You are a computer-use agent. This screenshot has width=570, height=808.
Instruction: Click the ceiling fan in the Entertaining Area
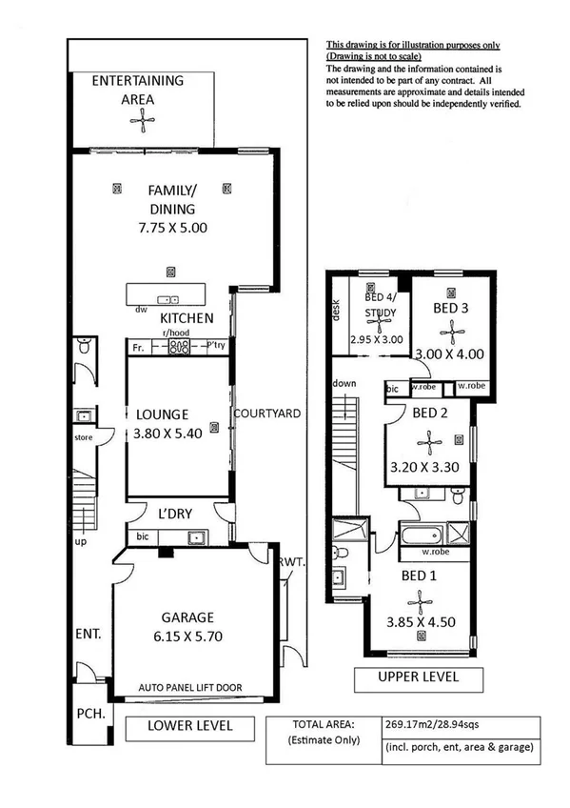tap(141, 119)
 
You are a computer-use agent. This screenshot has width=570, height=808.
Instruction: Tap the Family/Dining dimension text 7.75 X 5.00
tap(171, 228)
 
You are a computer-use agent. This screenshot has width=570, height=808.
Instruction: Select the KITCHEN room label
tap(186, 318)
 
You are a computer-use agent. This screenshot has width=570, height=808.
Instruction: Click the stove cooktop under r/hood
tap(178, 348)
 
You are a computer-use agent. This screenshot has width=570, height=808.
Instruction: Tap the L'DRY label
tap(175, 514)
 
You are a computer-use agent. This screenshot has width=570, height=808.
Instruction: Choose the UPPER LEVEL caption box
tap(418, 677)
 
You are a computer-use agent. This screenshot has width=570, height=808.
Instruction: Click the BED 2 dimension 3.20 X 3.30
tap(425, 468)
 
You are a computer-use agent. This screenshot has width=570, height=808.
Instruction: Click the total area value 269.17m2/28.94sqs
tap(432, 723)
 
